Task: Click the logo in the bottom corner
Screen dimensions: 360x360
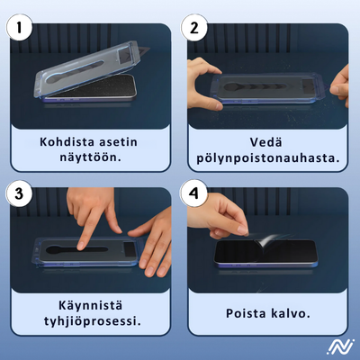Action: click(x=340, y=346)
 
